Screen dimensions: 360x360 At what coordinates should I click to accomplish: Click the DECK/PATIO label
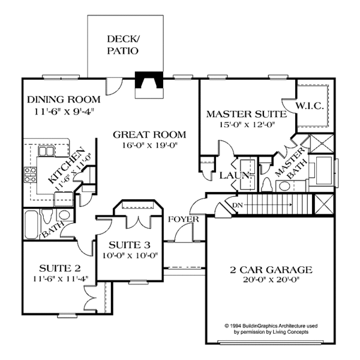pos(123,45)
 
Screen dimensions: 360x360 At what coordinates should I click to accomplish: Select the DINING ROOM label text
pos(64,100)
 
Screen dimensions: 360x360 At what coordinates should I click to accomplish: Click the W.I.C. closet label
pos(310,106)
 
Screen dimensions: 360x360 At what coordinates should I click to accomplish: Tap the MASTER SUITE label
pos(247,114)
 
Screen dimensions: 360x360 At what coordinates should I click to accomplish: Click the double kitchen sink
pos(46,151)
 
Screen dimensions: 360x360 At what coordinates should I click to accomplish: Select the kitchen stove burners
pos(31,175)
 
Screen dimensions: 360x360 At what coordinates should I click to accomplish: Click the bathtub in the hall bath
pos(31,224)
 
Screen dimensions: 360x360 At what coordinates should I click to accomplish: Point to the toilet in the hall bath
pos(47,216)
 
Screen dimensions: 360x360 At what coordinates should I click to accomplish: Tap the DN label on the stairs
pos(238,205)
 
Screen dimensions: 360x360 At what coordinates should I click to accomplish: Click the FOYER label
pos(184,219)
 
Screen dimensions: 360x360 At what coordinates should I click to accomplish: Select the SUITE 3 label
pos(130,245)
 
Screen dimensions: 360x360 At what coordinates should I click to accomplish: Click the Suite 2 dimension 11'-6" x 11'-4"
pos(61,279)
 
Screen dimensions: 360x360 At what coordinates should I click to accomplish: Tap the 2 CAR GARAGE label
pos(271,270)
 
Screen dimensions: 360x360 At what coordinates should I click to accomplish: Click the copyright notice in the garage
pos(271,329)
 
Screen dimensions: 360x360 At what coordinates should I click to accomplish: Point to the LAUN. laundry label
pos(235,176)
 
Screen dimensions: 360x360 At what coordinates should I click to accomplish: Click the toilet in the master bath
pos(267,184)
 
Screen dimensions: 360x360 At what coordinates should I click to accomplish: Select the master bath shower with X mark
pos(322,144)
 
